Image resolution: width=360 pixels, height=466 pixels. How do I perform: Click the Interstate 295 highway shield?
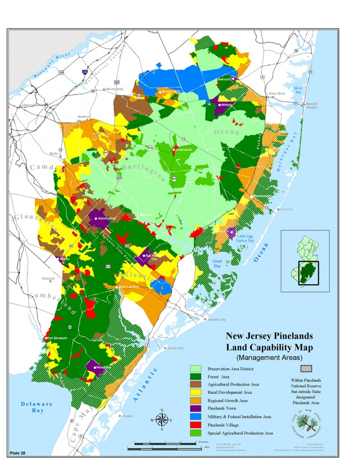[85, 72]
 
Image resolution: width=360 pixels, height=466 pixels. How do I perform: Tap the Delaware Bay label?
[37, 407]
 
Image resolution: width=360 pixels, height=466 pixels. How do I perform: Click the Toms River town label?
[277, 94]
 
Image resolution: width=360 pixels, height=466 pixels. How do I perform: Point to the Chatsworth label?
[184, 150]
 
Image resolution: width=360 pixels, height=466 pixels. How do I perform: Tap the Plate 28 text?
[18, 453]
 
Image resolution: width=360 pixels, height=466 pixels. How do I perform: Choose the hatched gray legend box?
[306, 369]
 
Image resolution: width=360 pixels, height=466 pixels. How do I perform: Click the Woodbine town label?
[103, 367]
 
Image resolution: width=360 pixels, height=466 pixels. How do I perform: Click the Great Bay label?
[217, 263]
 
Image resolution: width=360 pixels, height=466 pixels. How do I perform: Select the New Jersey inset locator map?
[305, 261]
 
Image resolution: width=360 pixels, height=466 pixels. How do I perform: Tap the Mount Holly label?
[114, 89]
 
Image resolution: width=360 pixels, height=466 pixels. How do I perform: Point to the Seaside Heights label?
[311, 106]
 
